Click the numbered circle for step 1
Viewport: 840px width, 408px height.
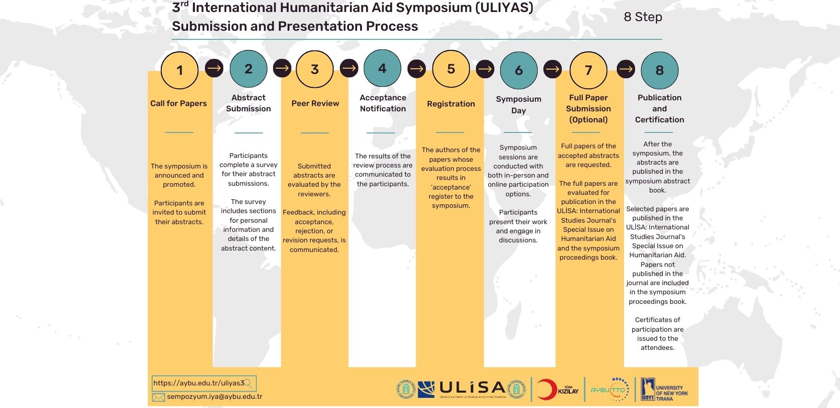180,70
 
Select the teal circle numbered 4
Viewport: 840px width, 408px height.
382,68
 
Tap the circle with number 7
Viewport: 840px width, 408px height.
588,70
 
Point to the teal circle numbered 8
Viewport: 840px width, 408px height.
660,70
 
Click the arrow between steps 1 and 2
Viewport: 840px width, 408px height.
214,68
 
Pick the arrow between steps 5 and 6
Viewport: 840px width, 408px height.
485,69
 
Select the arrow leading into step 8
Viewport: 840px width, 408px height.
625,69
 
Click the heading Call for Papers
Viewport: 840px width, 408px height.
179,103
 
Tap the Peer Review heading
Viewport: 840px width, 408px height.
315,103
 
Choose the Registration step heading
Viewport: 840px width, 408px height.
451,104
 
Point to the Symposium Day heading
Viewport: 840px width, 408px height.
518,105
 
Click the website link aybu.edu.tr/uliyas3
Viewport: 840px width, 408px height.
199,383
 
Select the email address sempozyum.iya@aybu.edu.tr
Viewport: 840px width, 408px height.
215,396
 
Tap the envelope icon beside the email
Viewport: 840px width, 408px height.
158,397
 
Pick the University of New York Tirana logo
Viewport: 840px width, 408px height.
665,389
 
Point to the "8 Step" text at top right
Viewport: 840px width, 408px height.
643,17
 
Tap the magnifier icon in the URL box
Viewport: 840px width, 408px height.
248,383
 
